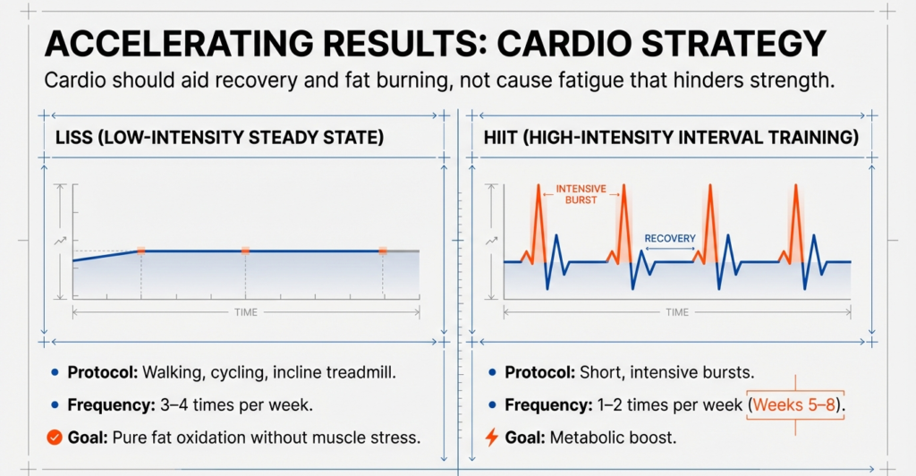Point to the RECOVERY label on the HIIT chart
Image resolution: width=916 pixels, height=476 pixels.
coord(670,239)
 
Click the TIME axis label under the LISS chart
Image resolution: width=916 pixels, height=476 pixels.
coord(245,312)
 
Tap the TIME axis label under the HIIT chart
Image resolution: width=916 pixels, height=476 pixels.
coord(677,312)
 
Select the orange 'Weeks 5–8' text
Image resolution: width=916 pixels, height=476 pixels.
coord(795,404)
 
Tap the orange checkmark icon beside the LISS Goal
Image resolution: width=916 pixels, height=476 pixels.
coord(53,438)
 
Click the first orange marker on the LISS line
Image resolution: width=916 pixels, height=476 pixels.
coord(140,251)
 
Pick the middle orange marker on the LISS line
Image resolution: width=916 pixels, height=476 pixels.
coord(245,251)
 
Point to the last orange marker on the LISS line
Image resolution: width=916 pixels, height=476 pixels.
coord(383,251)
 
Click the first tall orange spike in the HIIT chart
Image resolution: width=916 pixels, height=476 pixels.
coord(539,219)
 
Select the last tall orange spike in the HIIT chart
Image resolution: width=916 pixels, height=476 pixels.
coord(795,219)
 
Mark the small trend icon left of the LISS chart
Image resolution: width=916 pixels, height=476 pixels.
coord(61,241)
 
